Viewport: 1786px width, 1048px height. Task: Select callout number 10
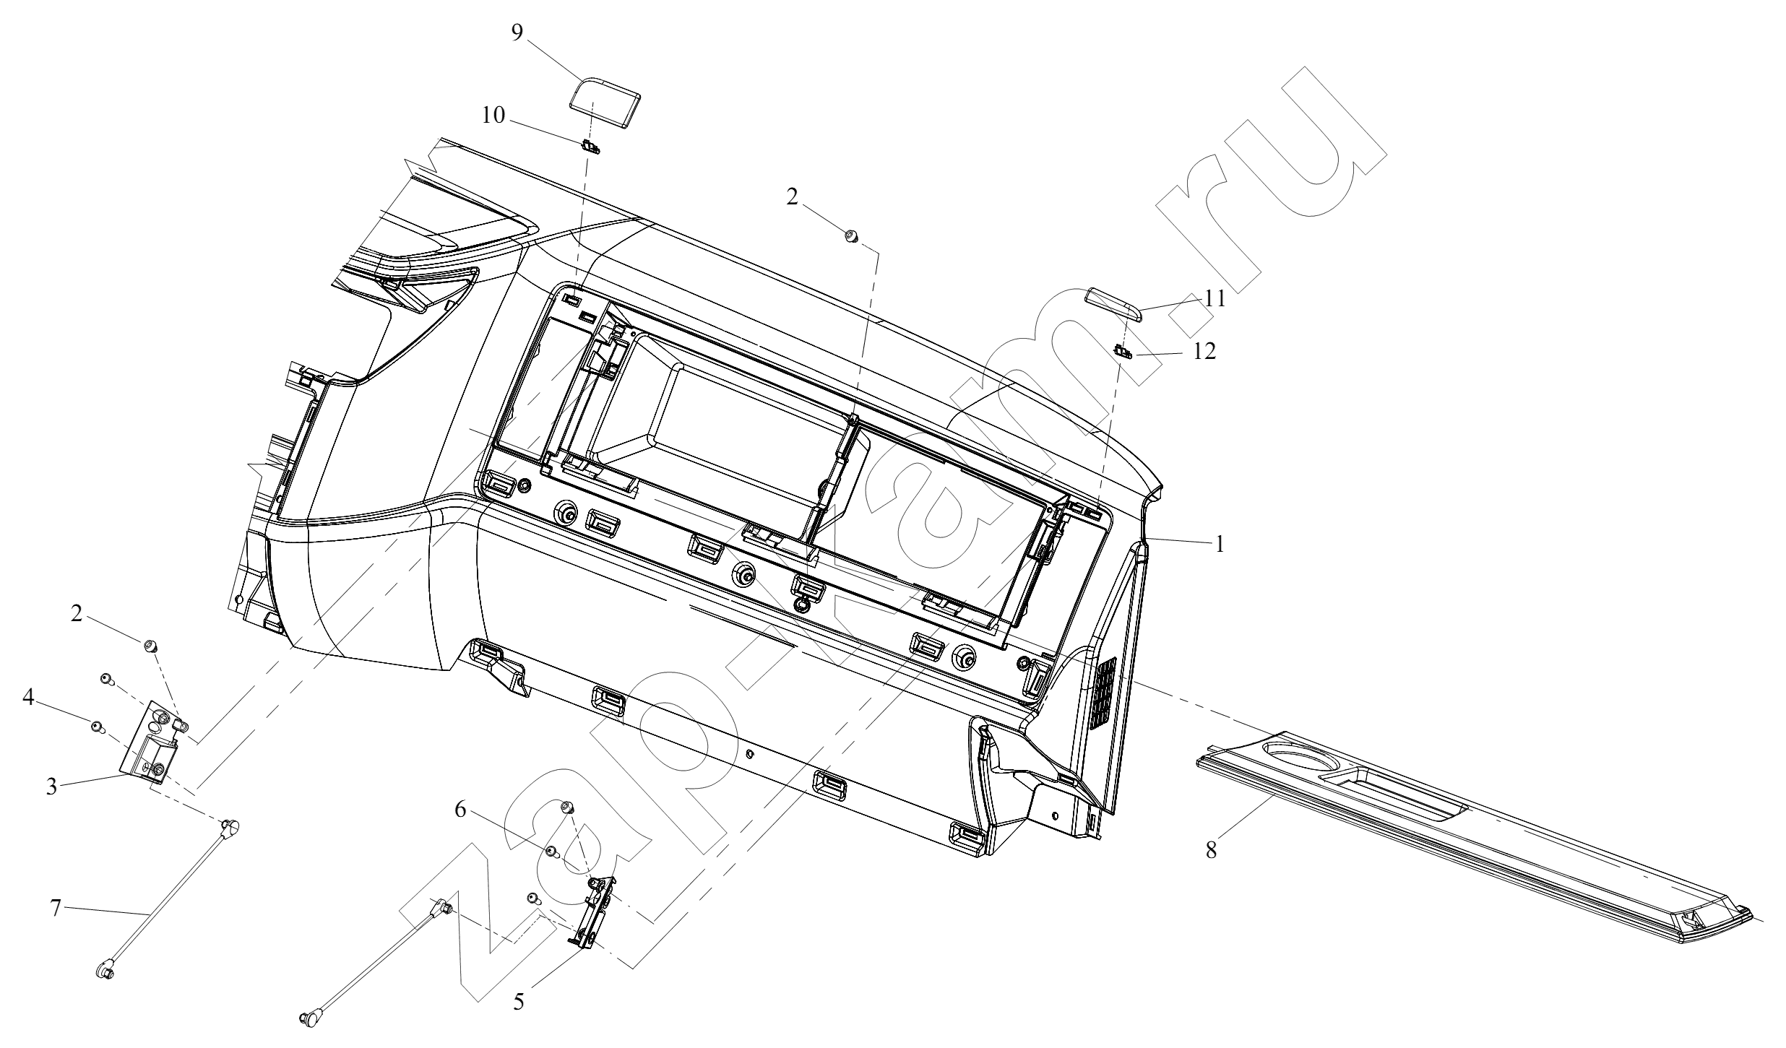click(493, 116)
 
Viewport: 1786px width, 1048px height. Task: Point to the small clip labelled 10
click(591, 148)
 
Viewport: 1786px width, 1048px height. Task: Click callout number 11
click(1215, 298)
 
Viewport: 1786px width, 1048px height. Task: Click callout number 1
click(1220, 544)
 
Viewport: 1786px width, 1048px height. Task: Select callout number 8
click(1211, 850)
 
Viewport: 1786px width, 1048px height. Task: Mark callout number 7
click(56, 908)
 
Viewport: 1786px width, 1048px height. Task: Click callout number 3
click(51, 786)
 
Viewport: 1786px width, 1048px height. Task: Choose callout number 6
click(460, 810)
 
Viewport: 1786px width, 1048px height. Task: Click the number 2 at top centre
click(793, 197)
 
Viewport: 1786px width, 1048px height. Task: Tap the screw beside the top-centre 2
click(851, 235)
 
